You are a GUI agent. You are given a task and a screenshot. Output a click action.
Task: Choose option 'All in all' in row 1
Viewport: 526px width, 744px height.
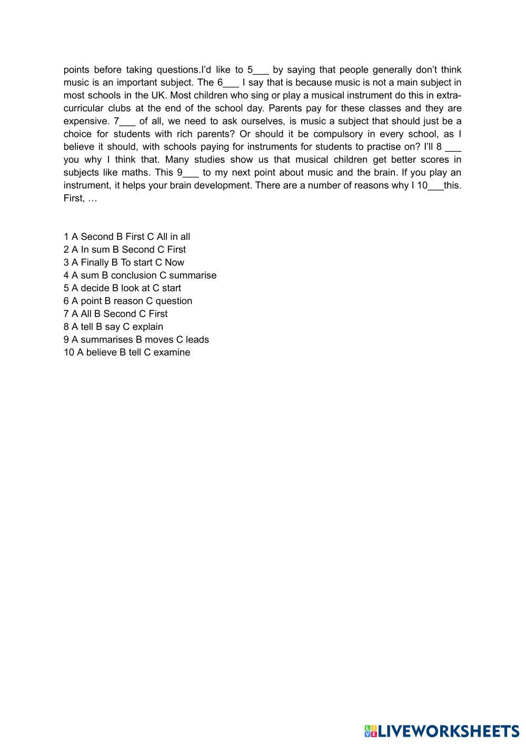(x=173, y=237)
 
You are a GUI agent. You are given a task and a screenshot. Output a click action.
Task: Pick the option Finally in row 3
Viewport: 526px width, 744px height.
(x=94, y=262)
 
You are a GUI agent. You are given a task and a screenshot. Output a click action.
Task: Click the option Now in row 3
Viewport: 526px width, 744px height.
(x=174, y=262)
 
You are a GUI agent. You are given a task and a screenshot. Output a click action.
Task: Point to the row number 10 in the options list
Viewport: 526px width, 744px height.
(x=69, y=353)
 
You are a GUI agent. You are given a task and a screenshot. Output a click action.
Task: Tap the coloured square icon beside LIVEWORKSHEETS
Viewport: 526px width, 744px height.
(x=371, y=731)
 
